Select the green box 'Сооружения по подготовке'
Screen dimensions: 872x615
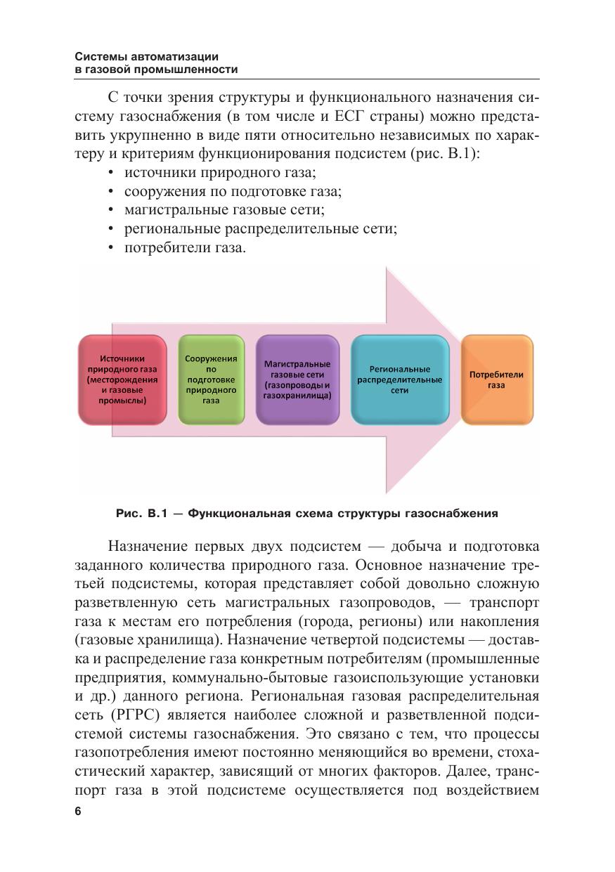coord(211,379)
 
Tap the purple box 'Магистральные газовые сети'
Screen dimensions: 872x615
coord(297,379)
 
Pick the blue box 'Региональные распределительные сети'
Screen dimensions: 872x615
coord(399,379)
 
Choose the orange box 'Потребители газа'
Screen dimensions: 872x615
coord(496,379)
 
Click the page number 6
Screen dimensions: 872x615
coord(78,811)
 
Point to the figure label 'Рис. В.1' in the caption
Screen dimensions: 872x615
coord(139,514)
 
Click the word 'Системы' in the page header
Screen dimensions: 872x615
coord(98,56)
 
